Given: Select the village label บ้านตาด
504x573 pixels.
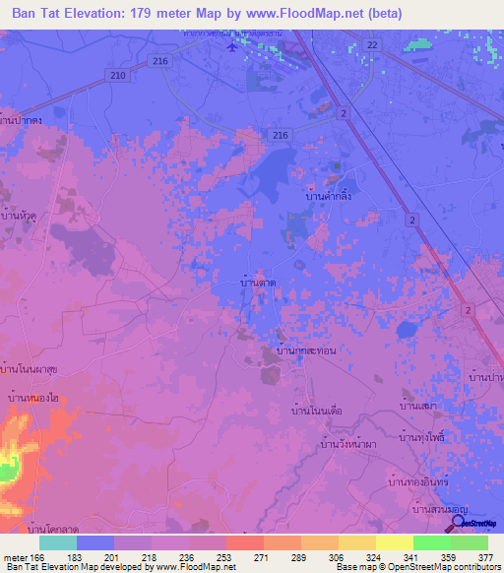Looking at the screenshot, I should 258,283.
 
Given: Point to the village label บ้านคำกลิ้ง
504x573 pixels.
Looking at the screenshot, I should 323,197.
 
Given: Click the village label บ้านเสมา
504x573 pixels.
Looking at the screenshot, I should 418,404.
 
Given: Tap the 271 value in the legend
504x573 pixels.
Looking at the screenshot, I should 261,557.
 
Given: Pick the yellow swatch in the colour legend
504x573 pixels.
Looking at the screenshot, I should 394,542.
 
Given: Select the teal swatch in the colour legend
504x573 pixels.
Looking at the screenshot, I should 58,542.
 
